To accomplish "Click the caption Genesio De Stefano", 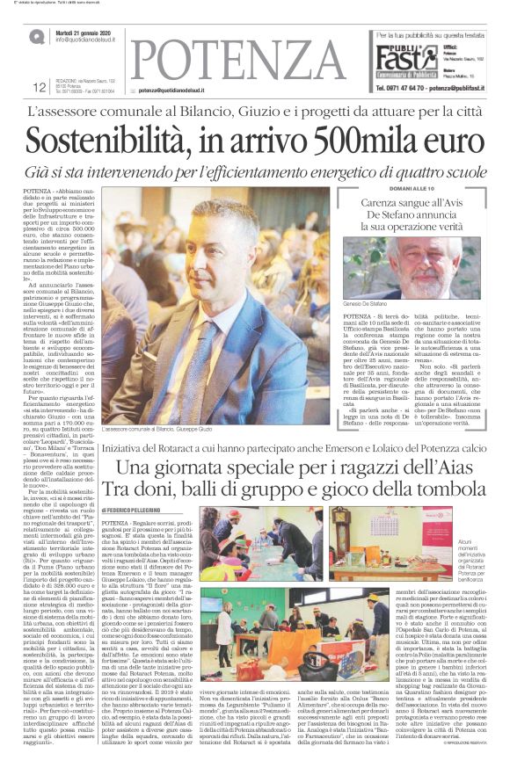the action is pyautogui.click(x=366, y=302).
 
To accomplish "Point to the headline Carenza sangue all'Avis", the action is pyautogui.click(x=412, y=204).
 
